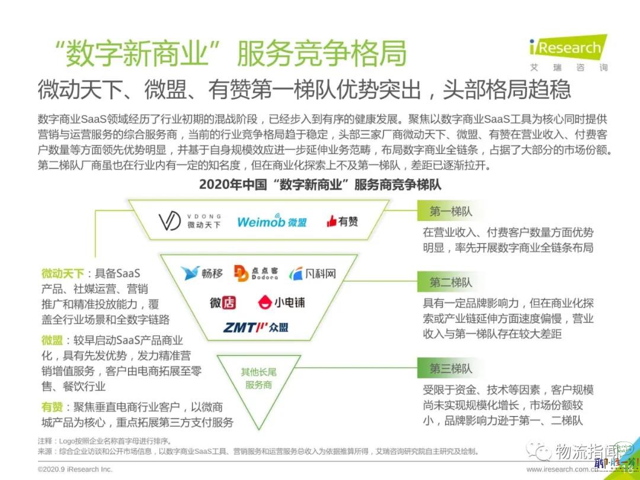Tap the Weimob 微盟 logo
click(272, 221)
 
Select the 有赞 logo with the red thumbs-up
click(342, 221)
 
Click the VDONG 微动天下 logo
click(190, 221)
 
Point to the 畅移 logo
click(202, 273)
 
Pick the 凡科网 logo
click(313, 273)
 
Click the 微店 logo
click(223, 302)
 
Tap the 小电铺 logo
click(281, 302)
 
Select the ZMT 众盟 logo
click(256, 327)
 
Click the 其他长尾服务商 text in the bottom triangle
click(259, 378)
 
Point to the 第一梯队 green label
click(450, 212)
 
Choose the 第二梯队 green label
click(450, 283)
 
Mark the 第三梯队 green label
click(450, 369)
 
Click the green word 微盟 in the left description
click(52, 340)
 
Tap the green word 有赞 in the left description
click(52, 407)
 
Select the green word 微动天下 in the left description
click(62, 273)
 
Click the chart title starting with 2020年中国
click(320, 184)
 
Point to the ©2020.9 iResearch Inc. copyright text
click(75, 469)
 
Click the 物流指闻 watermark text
click(586, 451)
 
